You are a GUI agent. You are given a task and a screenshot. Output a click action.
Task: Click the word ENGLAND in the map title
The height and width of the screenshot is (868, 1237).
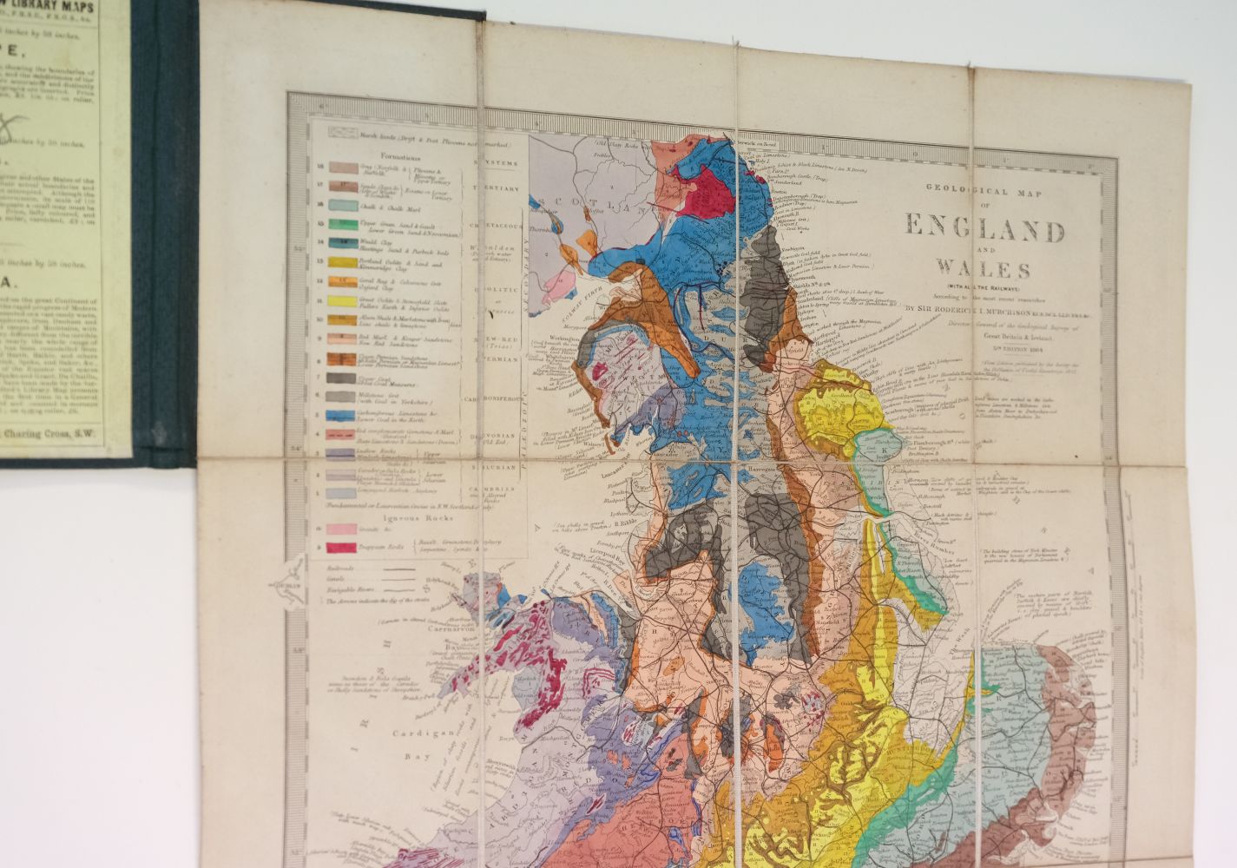984,230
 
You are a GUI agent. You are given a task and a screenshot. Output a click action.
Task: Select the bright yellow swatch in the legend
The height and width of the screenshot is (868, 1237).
336,300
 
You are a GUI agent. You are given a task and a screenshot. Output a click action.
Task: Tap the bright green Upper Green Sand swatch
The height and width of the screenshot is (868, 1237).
335,224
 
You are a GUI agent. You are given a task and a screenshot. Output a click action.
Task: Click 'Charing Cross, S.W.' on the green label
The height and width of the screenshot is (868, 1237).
56,434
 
